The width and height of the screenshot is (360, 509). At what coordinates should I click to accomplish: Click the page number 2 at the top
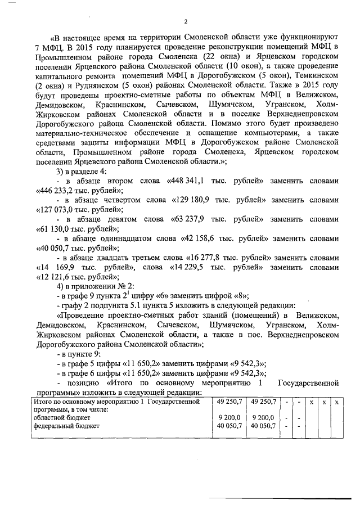coord(185,22)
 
